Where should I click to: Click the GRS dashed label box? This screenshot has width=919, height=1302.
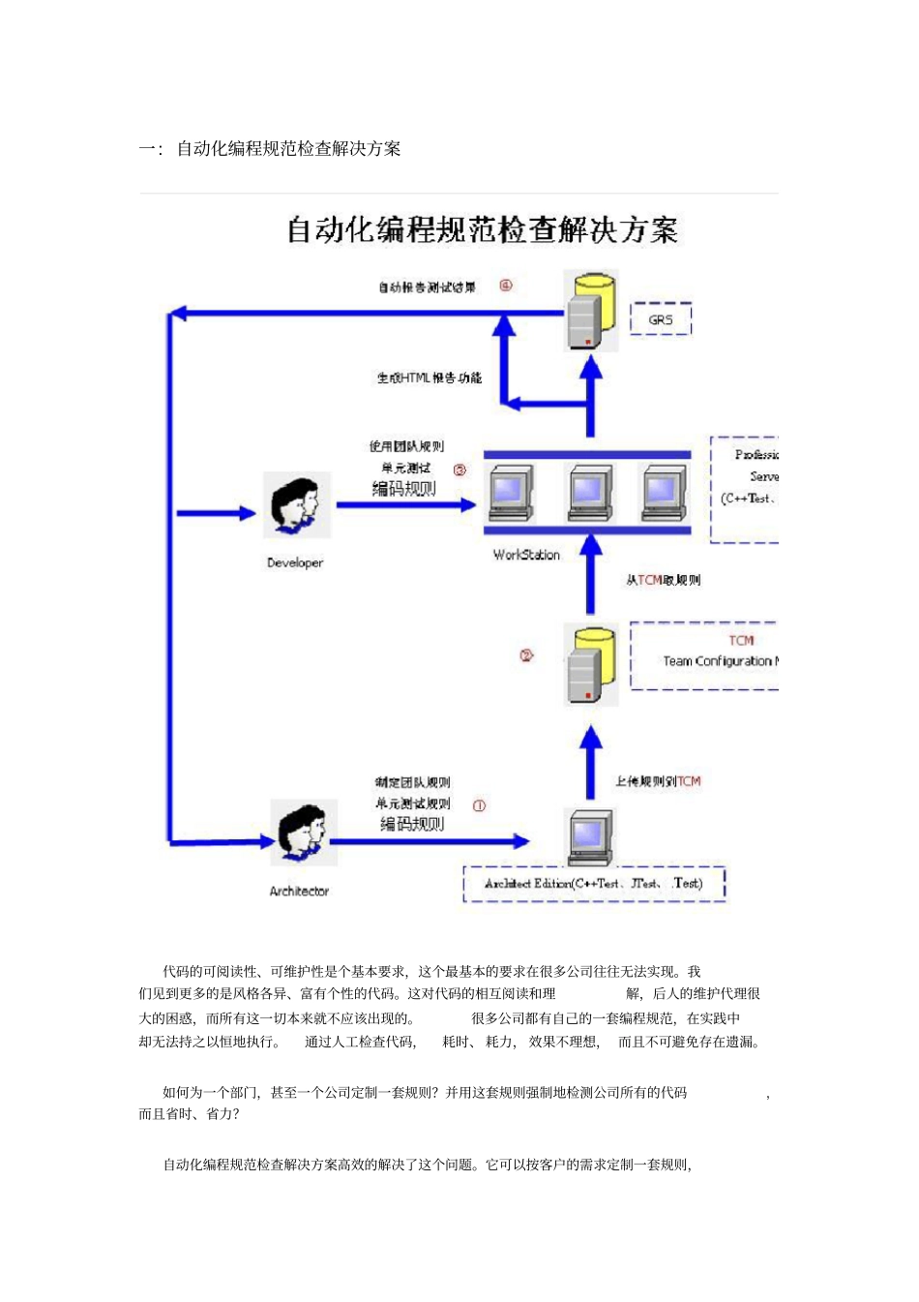[x=661, y=318]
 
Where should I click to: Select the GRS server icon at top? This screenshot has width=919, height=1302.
[x=591, y=311]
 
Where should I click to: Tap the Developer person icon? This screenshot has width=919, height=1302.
[x=296, y=505]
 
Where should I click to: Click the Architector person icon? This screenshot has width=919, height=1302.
[x=303, y=832]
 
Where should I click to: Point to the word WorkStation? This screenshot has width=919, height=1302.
[x=526, y=555]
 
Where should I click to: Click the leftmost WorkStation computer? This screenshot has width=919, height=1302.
[x=511, y=494]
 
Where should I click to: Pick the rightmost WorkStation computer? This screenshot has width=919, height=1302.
[x=664, y=494]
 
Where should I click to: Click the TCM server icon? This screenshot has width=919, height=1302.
[x=591, y=664]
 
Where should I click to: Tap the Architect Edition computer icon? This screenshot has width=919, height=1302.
[x=590, y=835]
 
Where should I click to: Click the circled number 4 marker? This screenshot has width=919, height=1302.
[x=505, y=286]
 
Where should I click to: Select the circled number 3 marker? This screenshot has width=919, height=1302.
[x=459, y=469]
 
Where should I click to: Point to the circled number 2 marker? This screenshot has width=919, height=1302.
[x=526, y=655]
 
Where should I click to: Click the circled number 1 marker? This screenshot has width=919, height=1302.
[x=479, y=805]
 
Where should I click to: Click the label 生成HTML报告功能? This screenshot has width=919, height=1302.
[x=429, y=378]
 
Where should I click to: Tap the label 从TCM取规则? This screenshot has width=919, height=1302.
[x=663, y=580]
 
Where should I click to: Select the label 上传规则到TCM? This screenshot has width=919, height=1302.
[x=658, y=781]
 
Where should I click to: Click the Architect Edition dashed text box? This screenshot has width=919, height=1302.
[x=594, y=884]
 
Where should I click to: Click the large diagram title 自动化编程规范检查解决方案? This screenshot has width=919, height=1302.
[x=482, y=230]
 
